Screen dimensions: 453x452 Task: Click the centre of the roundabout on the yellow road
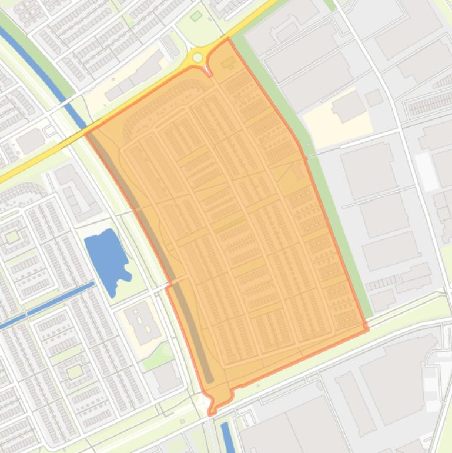[x=197, y=57]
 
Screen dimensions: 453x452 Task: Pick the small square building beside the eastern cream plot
[x=374, y=98]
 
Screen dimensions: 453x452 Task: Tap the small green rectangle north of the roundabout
[x=196, y=16]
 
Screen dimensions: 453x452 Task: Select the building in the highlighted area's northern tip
[x=227, y=62]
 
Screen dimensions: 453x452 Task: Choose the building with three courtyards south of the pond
[x=142, y=323]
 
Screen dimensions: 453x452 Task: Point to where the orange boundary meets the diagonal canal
[x=87, y=133]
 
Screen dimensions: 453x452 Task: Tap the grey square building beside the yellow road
[x=29, y=141]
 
